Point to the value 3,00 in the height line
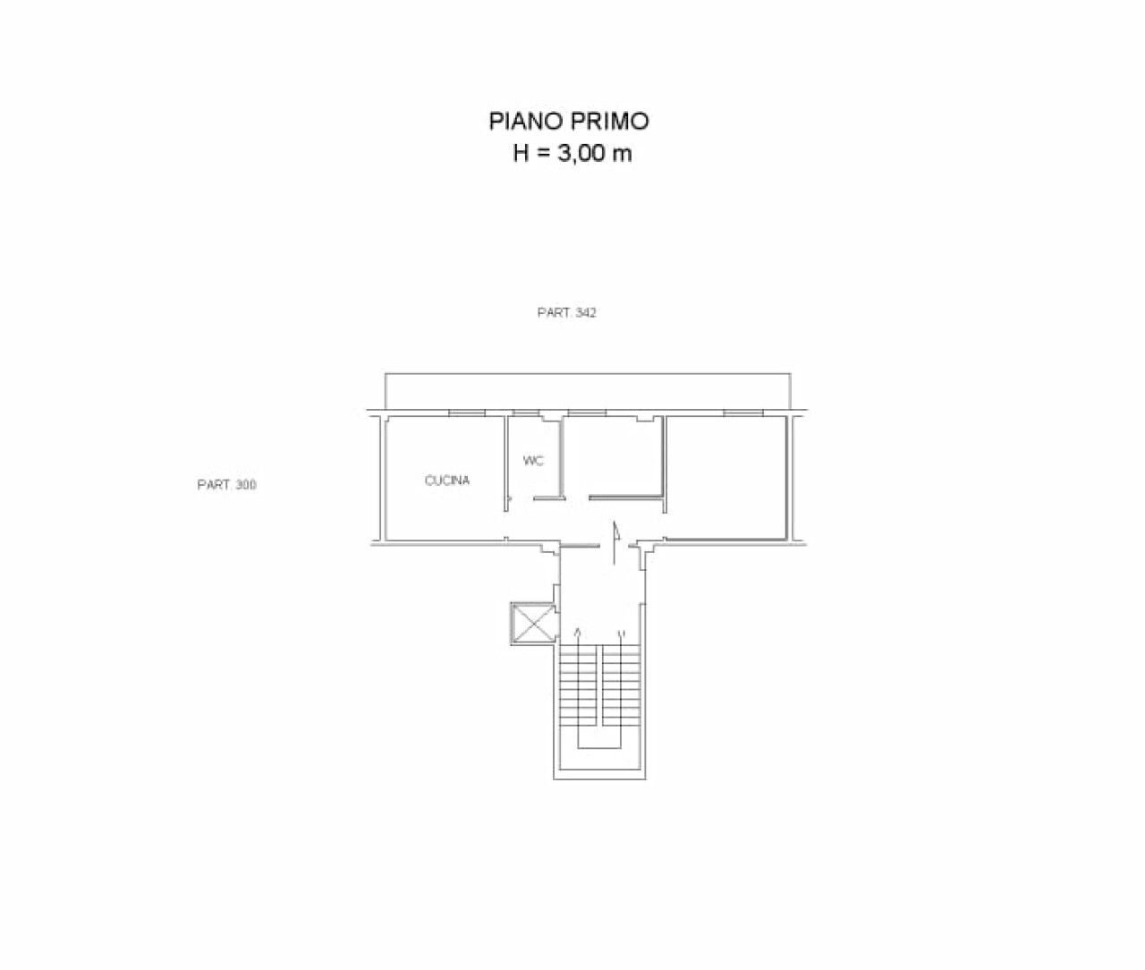[581, 154]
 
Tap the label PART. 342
[566, 312]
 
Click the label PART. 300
[226, 485]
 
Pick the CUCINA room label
[447, 481]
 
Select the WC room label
[533, 461]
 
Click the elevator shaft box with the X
[532, 624]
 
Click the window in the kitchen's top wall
[466, 413]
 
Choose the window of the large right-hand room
[742, 413]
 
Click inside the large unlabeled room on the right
[725, 477]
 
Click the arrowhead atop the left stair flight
[579, 632]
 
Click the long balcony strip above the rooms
[588, 391]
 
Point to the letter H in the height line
[522, 154]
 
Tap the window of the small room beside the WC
[587, 413]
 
